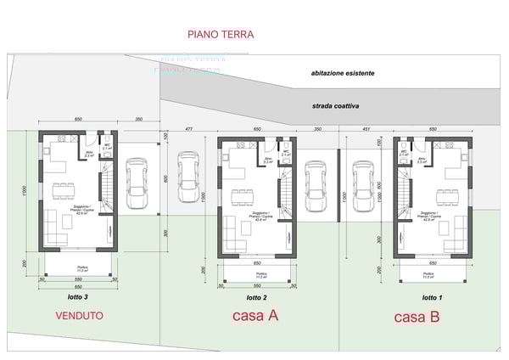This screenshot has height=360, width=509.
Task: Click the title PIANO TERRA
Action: pos(220,35)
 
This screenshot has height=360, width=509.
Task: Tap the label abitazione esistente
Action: pos(342,74)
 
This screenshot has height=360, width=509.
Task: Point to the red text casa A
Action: pos(255,316)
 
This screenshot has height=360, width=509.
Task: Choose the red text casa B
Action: pos(416,317)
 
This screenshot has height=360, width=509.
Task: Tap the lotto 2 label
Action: pos(256,298)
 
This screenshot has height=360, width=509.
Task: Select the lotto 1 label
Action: pos(432,298)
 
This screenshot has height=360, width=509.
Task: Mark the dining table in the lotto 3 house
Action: pos(64,189)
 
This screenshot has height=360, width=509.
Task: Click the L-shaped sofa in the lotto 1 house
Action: pos(458,228)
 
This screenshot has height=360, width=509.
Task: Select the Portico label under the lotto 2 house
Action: pos(255,275)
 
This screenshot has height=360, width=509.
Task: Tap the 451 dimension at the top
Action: pos(366,128)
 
